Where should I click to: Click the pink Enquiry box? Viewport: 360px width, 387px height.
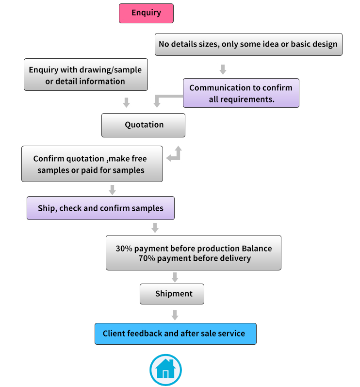coord(146,13)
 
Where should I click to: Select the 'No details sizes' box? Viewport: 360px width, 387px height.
coord(248,44)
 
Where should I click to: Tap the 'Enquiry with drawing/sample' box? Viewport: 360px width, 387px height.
coord(86,75)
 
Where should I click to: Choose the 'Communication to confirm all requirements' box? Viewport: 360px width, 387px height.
coord(241,93)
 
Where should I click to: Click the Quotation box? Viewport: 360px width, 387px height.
coord(143,125)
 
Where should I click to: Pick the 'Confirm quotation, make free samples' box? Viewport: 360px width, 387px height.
coord(92,164)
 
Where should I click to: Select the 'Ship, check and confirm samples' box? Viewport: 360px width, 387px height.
coord(100,208)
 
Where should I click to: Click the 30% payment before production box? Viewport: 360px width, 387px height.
coord(194,252)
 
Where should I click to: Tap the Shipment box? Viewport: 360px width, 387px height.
coord(172,294)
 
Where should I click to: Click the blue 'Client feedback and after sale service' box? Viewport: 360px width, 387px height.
coord(176,334)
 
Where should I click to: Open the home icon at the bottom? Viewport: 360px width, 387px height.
coord(166,370)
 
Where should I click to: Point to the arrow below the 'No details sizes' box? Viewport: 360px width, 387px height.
coord(223,69)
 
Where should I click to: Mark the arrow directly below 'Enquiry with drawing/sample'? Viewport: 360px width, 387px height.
coord(127,102)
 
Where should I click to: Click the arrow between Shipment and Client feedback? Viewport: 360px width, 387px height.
coord(175,315)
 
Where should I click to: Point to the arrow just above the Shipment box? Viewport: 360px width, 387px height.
coord(175,277)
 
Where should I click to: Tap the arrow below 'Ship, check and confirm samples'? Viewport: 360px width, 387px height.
coord(155,228)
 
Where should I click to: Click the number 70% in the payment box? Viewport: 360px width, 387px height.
coord(147,258)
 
